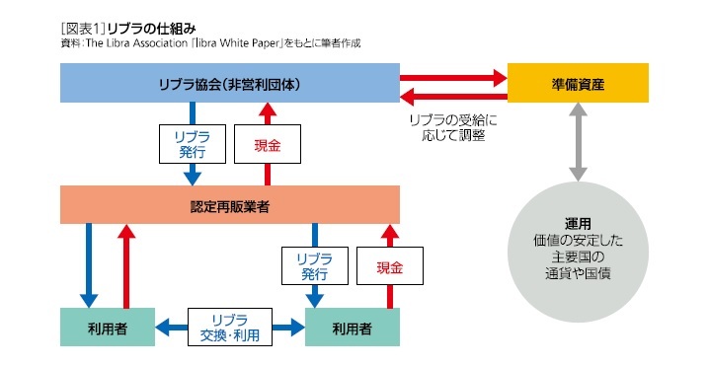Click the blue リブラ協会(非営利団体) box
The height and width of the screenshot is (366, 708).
pyautogui.click(x=229, y=83)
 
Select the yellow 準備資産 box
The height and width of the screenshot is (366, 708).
pyautogui.click(x=578, y=83)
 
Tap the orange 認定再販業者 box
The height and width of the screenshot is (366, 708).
pyautogui.click(x=229, y=204)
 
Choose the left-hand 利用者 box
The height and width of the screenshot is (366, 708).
pyautogui.click(x=107, y=328)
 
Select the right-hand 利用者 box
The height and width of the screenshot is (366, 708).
pyautogui.click(x=352, y=328)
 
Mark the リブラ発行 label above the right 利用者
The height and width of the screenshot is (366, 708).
pyautogui.click(x=315, y=266)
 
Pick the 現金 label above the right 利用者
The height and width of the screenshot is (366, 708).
pyautogui.click(x=389, y=266)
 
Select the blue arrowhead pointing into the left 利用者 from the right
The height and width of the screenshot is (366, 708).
pyautogui.click(x=165, y=328)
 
